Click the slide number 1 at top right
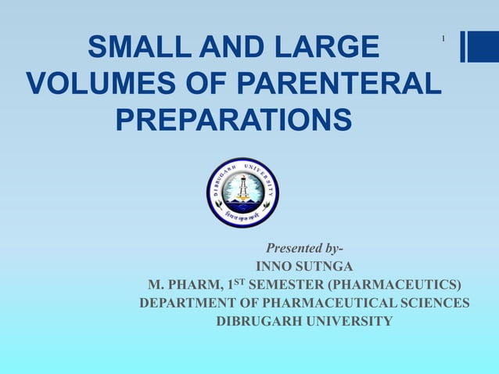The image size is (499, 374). (x=443, y=39)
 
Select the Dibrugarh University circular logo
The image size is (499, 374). (x=242, y=192)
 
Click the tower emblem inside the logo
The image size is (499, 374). (x=242, y=188)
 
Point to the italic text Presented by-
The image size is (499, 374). (x=304, y=250)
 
